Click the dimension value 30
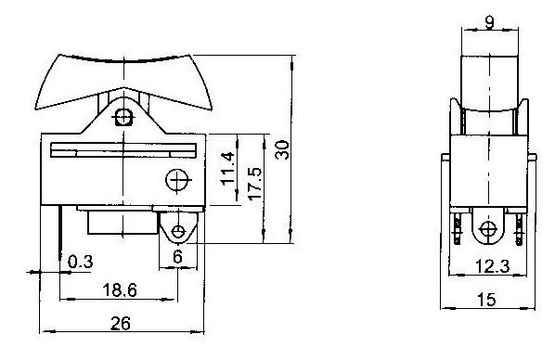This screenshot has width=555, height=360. click(x=283, y=150)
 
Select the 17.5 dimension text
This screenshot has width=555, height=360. click(x=254, y=184)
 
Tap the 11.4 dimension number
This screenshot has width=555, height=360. click(x=227, y=169)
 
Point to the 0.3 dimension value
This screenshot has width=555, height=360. click(x=81, y=262)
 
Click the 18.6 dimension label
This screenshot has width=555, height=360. click(x=120, y=290)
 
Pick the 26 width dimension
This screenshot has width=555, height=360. click(x=121, y=323)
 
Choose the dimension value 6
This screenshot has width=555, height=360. click(x=177, y=257)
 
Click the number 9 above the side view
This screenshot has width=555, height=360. click(x=489, y=23)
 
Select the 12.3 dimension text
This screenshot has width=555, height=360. click(x=492, y=266)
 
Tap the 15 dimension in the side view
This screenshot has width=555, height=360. click(x=487, y=300)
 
